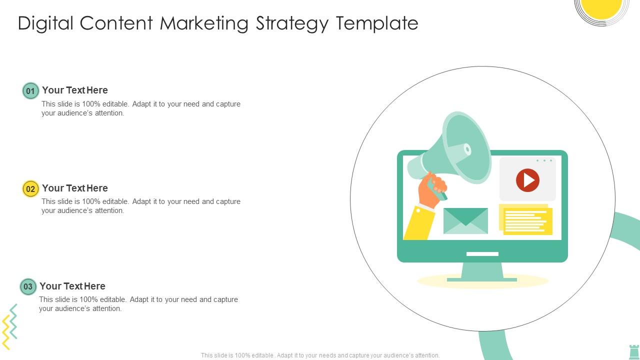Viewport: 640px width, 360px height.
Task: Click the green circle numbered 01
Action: [30, 91]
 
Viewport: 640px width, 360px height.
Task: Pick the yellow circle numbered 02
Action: [30, 188]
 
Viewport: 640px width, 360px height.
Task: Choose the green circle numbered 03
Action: [28, 286]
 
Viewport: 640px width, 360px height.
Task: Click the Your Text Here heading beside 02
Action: [75, 188]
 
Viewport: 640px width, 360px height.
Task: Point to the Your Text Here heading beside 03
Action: [72, 286]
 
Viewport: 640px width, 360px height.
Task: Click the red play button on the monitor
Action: [527, 180]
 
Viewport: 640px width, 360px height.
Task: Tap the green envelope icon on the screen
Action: [465, 221]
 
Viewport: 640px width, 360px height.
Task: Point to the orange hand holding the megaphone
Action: [431, 190]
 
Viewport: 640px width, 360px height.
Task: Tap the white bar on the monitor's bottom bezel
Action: [482, 254]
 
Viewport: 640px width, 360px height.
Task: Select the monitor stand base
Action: [481, 279]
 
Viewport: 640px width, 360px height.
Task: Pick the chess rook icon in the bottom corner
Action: [633, 351]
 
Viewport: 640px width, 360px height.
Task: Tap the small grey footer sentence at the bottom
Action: [320, 355]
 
